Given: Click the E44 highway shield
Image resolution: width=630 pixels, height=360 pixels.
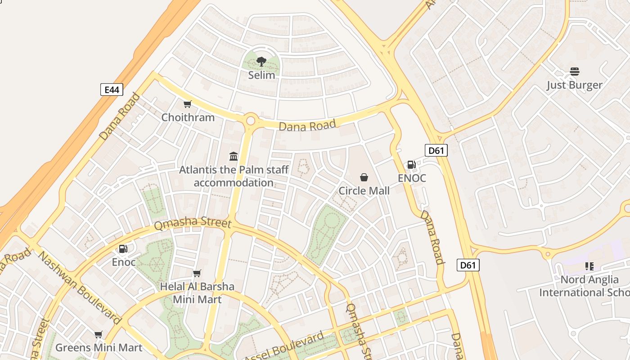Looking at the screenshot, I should [x=112, y=90].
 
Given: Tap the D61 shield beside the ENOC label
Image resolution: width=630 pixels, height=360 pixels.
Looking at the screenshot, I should [x=436, y=150].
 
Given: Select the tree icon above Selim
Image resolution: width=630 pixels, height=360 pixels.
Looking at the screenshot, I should [x=261, y=62].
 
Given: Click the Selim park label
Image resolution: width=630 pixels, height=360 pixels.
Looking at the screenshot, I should [x=261, y=75].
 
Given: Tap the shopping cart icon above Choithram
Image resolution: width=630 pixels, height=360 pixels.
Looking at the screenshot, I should [x=188, y=104].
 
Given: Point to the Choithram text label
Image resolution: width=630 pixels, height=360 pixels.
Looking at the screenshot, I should [x=188, y=117].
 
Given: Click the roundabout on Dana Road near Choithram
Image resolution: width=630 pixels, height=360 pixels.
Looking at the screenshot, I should [x=251, y=121].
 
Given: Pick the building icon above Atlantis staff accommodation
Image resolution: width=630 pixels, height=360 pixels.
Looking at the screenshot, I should [x=234, y=156].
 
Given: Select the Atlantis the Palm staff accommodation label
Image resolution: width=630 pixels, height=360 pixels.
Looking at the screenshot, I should [x=234, y=176].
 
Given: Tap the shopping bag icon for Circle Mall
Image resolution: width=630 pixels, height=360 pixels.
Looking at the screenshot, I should [x=364, y=178].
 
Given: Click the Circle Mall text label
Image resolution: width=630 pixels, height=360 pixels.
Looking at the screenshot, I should [x=364, y=191].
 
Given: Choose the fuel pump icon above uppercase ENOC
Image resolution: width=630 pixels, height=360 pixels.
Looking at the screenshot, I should [x=411, y=165].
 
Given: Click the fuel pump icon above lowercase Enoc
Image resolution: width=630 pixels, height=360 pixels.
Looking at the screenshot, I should [x=123, y=249].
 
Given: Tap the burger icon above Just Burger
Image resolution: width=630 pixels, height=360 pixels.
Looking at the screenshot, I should [x=575, y=72].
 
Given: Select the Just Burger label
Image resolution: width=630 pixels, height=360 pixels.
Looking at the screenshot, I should [x=575, y=85].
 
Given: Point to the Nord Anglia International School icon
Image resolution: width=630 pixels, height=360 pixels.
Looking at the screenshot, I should [x=589, y=266].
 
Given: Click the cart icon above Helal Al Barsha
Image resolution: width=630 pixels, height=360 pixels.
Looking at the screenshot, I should [x=197, y=273].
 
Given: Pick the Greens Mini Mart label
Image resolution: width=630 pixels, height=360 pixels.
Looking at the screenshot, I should [x=99, y=347].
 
